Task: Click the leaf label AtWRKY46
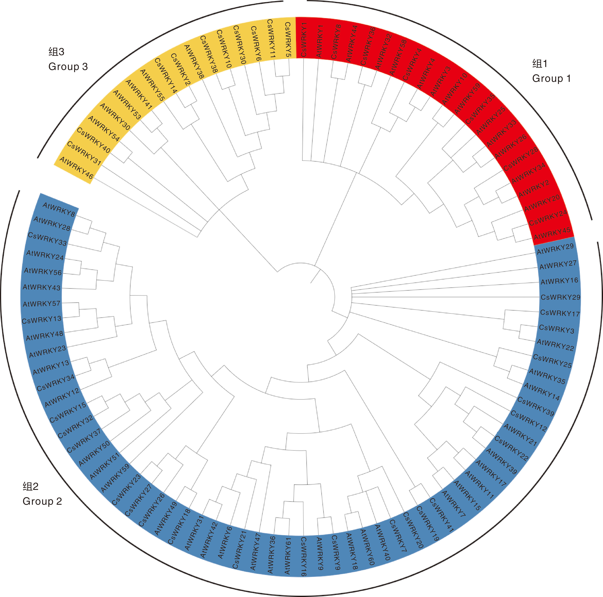(x=76, y=168)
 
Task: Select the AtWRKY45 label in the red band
(x=552, y=233)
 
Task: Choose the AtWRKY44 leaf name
(x=352, y=43)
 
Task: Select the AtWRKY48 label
(x=44, y=336)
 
